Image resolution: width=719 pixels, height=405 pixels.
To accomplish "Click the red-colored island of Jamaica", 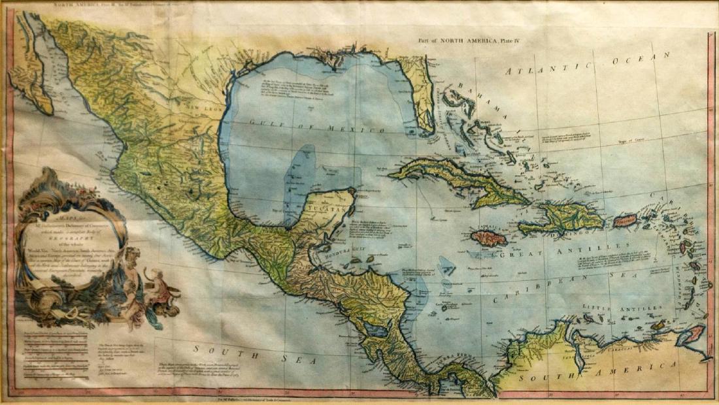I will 489,238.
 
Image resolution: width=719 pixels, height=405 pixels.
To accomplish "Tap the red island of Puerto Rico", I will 625,220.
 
